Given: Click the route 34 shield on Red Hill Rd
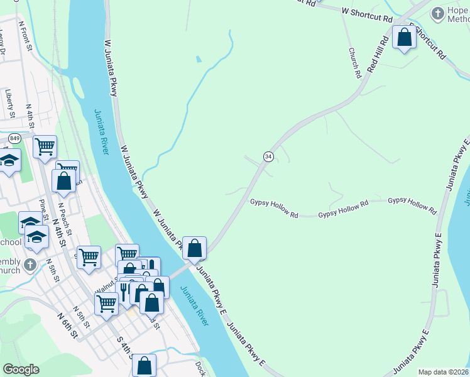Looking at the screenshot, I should (268, 156).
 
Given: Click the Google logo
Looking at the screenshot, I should (21, 369).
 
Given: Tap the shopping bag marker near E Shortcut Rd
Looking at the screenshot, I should (405, 37).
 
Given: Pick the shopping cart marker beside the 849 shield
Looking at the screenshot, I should (45, 147).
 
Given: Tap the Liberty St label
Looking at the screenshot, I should (10, 103).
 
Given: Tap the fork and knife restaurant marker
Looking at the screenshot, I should (124, 290).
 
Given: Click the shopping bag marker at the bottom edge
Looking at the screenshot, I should (144, 364).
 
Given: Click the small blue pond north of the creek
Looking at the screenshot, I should (199, 60).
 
